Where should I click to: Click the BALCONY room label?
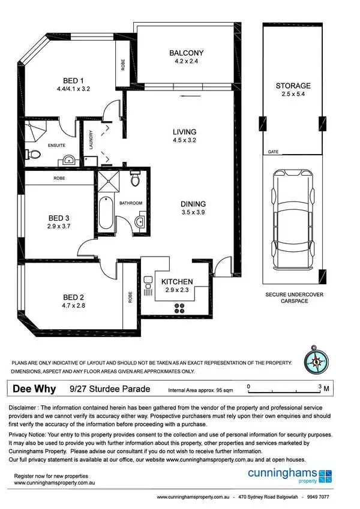(187, 53)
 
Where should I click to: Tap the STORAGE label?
(293, 86)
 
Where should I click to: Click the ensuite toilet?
(35, 155)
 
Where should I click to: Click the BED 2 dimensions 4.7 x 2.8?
(76, 305)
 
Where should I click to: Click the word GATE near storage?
(274, 152)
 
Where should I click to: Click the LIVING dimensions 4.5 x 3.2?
(184, 140)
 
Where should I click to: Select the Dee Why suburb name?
(35, 388)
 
